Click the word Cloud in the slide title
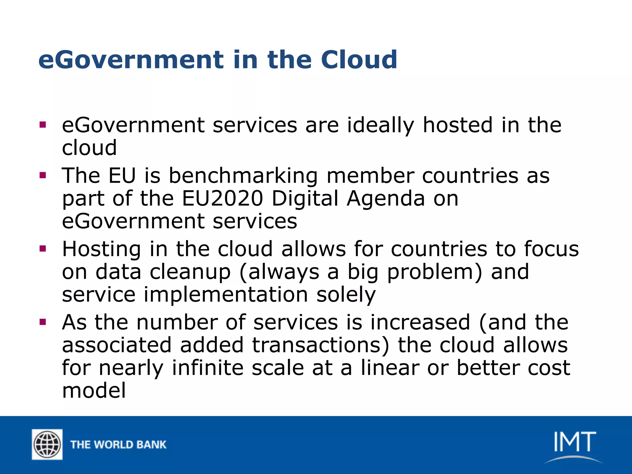pos(359,60)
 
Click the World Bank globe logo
pos(47,444)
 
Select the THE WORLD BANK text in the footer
pos(118,445)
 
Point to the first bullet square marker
pos(43,125)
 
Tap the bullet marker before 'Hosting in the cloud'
pos(43,249)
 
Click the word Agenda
pos(386,199)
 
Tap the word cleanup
pos(190,272)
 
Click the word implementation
pos(226,295)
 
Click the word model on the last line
pos(94,390)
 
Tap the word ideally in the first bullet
pos(380,126)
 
